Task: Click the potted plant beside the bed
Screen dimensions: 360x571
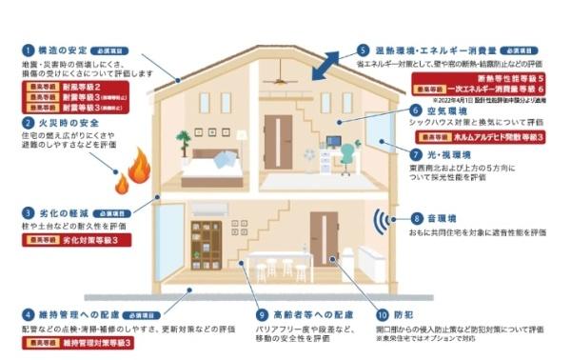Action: click(182, 144)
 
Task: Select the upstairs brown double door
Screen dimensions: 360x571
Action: click(278, 141)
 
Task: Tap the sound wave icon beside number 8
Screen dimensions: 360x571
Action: click(383, 221)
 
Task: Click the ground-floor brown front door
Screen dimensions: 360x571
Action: click(324, 242)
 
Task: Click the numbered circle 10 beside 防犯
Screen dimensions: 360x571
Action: click(382, 313)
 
